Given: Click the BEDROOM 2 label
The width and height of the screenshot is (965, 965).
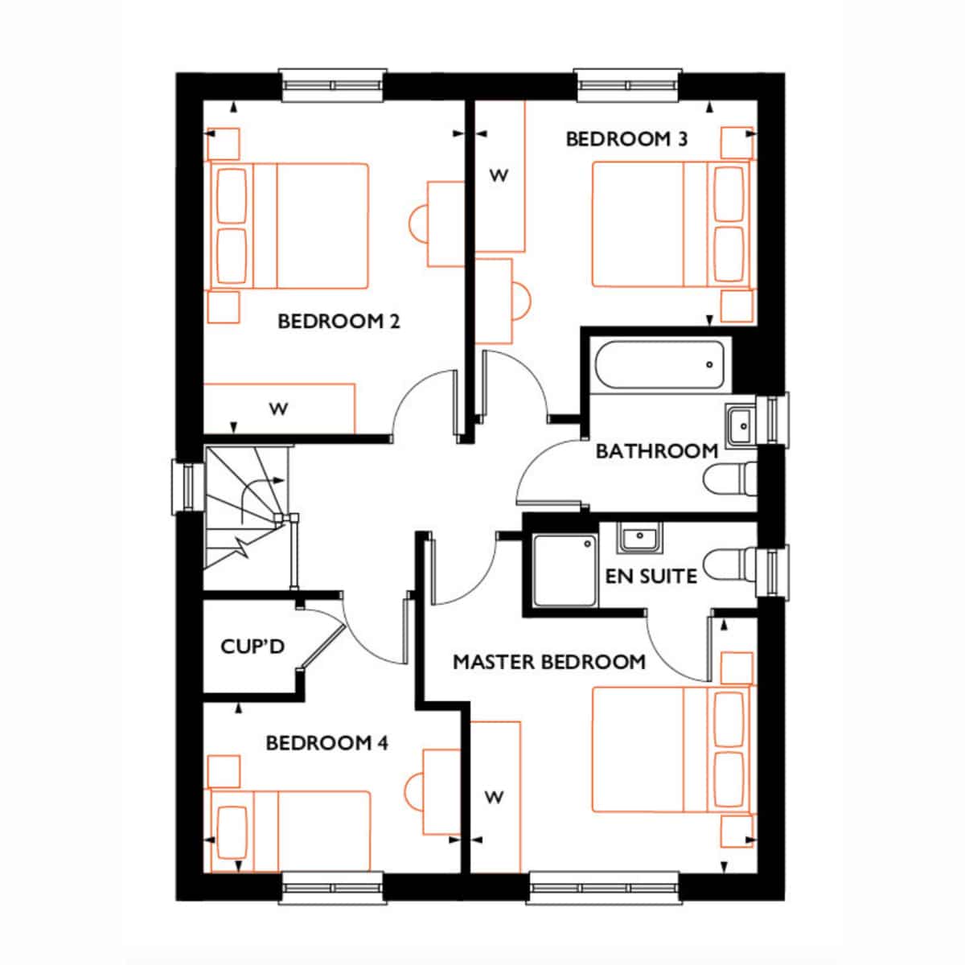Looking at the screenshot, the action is click(x=339, y=322).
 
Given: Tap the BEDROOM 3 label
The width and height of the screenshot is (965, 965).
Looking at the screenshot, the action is click(x=627, y=139).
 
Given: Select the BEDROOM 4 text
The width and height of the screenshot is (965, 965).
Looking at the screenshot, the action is click(x=327, y=743).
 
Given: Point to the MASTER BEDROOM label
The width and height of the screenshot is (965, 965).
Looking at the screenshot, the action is click(x=549, y=662).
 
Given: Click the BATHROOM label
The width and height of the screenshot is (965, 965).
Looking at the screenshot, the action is click(x=657, y=451).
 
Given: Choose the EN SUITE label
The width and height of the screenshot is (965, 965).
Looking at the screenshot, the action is click(x=651, y=577).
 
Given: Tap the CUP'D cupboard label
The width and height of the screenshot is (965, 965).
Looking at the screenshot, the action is click(x=253, y=647).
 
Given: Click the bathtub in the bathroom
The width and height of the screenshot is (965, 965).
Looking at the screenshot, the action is click(x=660, y=364).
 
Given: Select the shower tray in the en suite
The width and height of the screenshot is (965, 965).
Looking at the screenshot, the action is click(x=565, y=570).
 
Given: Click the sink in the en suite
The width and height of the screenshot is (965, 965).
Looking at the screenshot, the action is click(x=639, y=538).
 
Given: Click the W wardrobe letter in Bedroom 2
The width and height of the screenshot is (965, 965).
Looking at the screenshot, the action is click(x=278, y=409).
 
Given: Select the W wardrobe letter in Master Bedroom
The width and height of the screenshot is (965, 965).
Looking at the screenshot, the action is click(x=495, y=797).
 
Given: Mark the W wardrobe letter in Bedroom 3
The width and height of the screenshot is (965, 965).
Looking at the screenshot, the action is click(x=499, y=175).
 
